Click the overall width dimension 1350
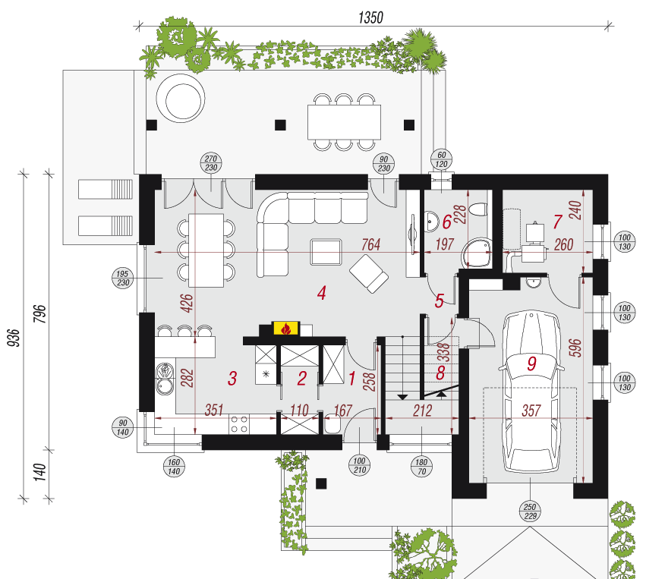(x=370, y=17)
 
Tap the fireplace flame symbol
(x=286, y=329)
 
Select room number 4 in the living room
(x=322, y=293)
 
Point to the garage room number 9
(x=532, y=363)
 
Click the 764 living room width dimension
(x=370, y=244)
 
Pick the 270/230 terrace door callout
(x=211, y=163)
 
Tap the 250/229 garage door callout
(x=530, y=511)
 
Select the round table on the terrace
(x=181, y=99)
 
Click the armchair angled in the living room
(x=369, y=273)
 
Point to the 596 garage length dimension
(x=577, y=348)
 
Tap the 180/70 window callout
(x=421, y=466)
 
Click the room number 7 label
(x=557, y=222)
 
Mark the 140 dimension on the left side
(x=39, y=472)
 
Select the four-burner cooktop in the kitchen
(x=239, y=424)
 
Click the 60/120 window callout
(x=441, y=159)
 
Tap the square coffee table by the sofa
(x=326, y=252)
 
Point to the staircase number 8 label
(x=440, y=373)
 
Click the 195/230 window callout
(x=122, y=278)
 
